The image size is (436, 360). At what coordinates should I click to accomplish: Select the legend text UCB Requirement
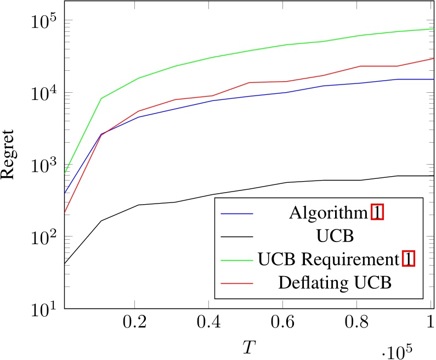[328, 259]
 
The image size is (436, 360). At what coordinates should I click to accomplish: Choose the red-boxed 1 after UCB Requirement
[408, 259]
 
